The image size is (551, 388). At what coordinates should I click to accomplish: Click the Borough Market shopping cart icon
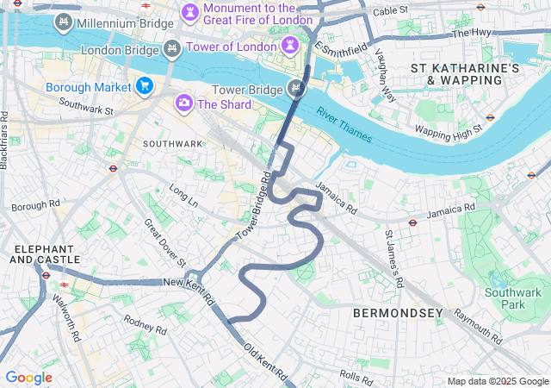click(144, 86)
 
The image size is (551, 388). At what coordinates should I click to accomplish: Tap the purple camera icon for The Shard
click(183, 104)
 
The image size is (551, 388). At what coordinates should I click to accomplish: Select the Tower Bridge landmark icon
click(296, 87)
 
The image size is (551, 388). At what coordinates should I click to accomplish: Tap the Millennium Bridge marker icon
click(63, 22)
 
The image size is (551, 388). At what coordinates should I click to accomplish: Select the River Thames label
click(343, 121)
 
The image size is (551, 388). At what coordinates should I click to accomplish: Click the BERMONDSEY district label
click(398, 312)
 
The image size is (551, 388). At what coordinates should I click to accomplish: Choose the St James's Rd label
click(394, 258)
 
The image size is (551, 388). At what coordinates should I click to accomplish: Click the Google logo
click(28, 377)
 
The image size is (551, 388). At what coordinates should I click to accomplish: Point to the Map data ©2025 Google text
click(497, 381)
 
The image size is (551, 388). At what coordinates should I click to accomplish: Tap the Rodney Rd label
click(145, 324)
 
